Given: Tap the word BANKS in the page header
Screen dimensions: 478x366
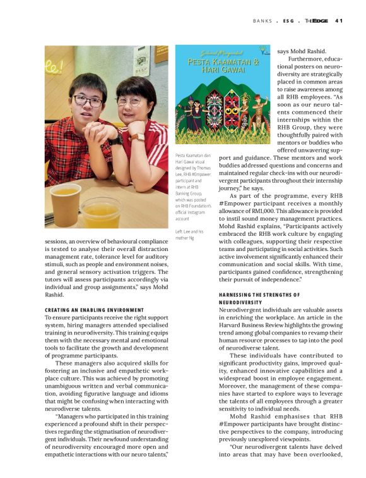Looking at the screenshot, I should [263, 20].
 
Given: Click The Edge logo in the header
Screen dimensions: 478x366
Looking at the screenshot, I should [316, 20].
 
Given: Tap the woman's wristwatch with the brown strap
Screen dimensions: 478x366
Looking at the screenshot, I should [138, 137].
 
